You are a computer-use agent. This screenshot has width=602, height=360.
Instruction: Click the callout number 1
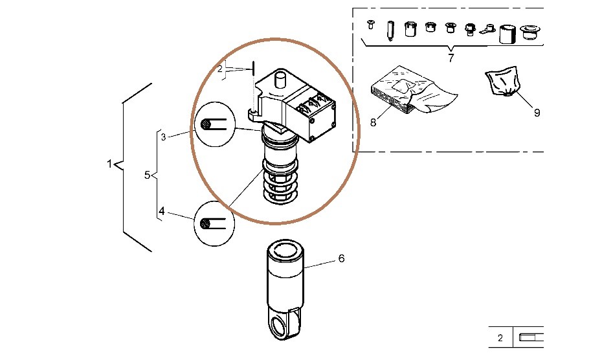tap(109, 164)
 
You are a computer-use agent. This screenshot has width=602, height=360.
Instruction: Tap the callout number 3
tap(164, 137)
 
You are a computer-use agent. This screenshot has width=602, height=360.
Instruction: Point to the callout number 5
tap(147, 175)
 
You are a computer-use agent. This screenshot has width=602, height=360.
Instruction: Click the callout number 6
tap(341, 258)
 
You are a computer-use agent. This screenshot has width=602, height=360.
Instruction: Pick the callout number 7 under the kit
tap(451, 58)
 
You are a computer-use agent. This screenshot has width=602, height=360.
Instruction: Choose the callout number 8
tap(373, 122)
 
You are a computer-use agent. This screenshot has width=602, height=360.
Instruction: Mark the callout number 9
tap(537, 112)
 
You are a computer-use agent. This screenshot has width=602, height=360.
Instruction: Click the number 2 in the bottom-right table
tap(500, 338)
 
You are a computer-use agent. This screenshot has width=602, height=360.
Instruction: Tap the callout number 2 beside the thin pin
tap(220, 68)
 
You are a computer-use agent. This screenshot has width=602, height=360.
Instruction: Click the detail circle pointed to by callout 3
tap(214, 123)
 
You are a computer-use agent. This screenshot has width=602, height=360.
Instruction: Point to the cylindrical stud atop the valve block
tap(281, 82)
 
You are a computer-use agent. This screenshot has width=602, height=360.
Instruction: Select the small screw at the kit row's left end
tap(371, 25)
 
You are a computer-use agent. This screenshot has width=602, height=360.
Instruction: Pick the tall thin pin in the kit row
tap(391, 30)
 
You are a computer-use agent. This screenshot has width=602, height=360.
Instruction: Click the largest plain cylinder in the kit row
tap(506, 34)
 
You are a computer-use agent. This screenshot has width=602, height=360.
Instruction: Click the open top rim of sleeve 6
tap(285, 247)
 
